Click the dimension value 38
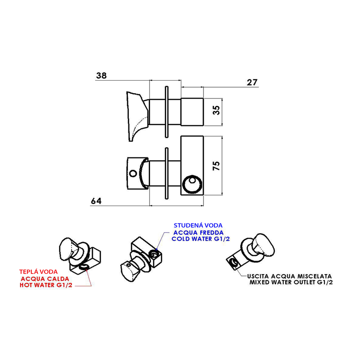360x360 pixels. (101, 75)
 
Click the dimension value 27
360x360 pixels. (252, 82)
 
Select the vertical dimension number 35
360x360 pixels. (216, 110)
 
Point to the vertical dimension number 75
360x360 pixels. (216, 166)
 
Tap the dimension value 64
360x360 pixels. (96, 201)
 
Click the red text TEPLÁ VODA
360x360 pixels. (39, 272)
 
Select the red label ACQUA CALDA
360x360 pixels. (45, 279)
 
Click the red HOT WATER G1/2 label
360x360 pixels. (46, 285)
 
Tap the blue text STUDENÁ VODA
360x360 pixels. (198, 226)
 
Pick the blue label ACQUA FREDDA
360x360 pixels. (199, 232)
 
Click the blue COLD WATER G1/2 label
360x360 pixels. (201, 239)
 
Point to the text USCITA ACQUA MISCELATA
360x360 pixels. (289, 276)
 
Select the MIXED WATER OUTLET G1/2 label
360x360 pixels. (291, 282)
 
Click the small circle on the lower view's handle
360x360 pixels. (133, 173)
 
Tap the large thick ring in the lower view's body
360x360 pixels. (192, 184)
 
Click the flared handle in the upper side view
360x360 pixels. (137, 116)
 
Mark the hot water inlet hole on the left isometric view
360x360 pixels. (84, 267)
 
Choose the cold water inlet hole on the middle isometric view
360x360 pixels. (154, 254)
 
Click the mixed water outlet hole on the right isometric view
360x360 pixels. (233, 262)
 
